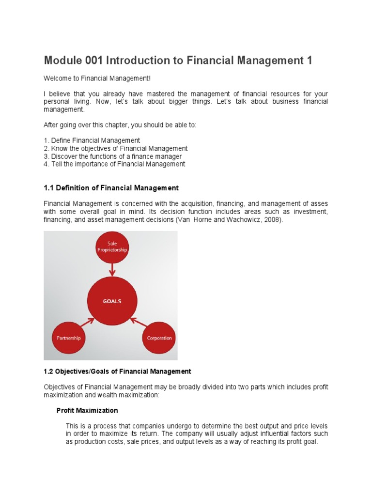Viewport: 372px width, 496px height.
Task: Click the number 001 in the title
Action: [x=91, y=61]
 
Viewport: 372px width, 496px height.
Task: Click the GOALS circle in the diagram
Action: [x=112, y=301]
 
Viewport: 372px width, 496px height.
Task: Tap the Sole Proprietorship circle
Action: [x=112, y=247]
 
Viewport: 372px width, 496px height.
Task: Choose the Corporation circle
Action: [x=159, y=338]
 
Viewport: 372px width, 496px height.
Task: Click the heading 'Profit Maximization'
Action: [x=87, y=410]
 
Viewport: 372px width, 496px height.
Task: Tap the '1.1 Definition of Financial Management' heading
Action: [x=111, y=187]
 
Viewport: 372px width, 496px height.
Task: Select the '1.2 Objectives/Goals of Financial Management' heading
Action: [x=117, y=372]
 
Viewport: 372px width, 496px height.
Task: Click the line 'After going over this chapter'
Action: [x=120, y=125]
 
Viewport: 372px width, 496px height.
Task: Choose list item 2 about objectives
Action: [x=116, y=149]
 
